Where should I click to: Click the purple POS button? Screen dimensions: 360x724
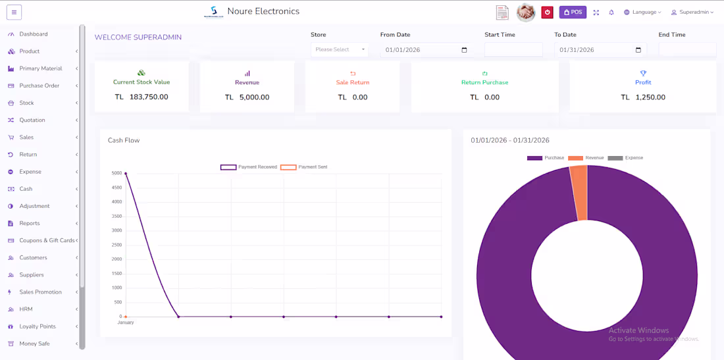pyautogui.click(x=573, y=12)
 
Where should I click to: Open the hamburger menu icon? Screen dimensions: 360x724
pyautogui.click(x=14, y=12)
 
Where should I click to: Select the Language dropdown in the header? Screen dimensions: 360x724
pyautogui.click(x=642, y=12)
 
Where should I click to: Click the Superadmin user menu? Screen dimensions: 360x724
pyautogui.click(x=692, y=12)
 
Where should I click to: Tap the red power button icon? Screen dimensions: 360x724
pyautogui.click(x=547, y=12)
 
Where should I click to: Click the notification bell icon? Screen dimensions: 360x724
pyautogui.click(x=611, y=12)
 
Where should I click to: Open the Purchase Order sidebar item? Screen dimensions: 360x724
pyautogui.click(x=39, y=86)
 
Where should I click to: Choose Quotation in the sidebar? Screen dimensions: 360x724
pyautogui.click(x=32, y=120)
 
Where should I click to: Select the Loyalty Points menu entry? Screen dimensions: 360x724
pyautogui.click(x=37, y=326)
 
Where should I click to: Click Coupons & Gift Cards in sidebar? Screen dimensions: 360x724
pyautogui.click(x=47, y=240)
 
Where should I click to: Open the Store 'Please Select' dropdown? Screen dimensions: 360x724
pyautogui.click(x=340, y=49)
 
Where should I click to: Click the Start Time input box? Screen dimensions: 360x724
pyautogui.click(x=513, y=49)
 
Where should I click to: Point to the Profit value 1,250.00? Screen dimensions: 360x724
pyautogui.click(x=650, y=97)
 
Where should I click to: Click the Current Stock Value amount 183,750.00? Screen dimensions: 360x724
pyautogui.click(x=148, y=97)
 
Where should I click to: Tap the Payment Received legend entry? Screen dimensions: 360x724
pyautogui.click(x=249, y=167)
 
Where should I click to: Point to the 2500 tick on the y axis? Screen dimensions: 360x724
pyautogui.click(x=116, y=245)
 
